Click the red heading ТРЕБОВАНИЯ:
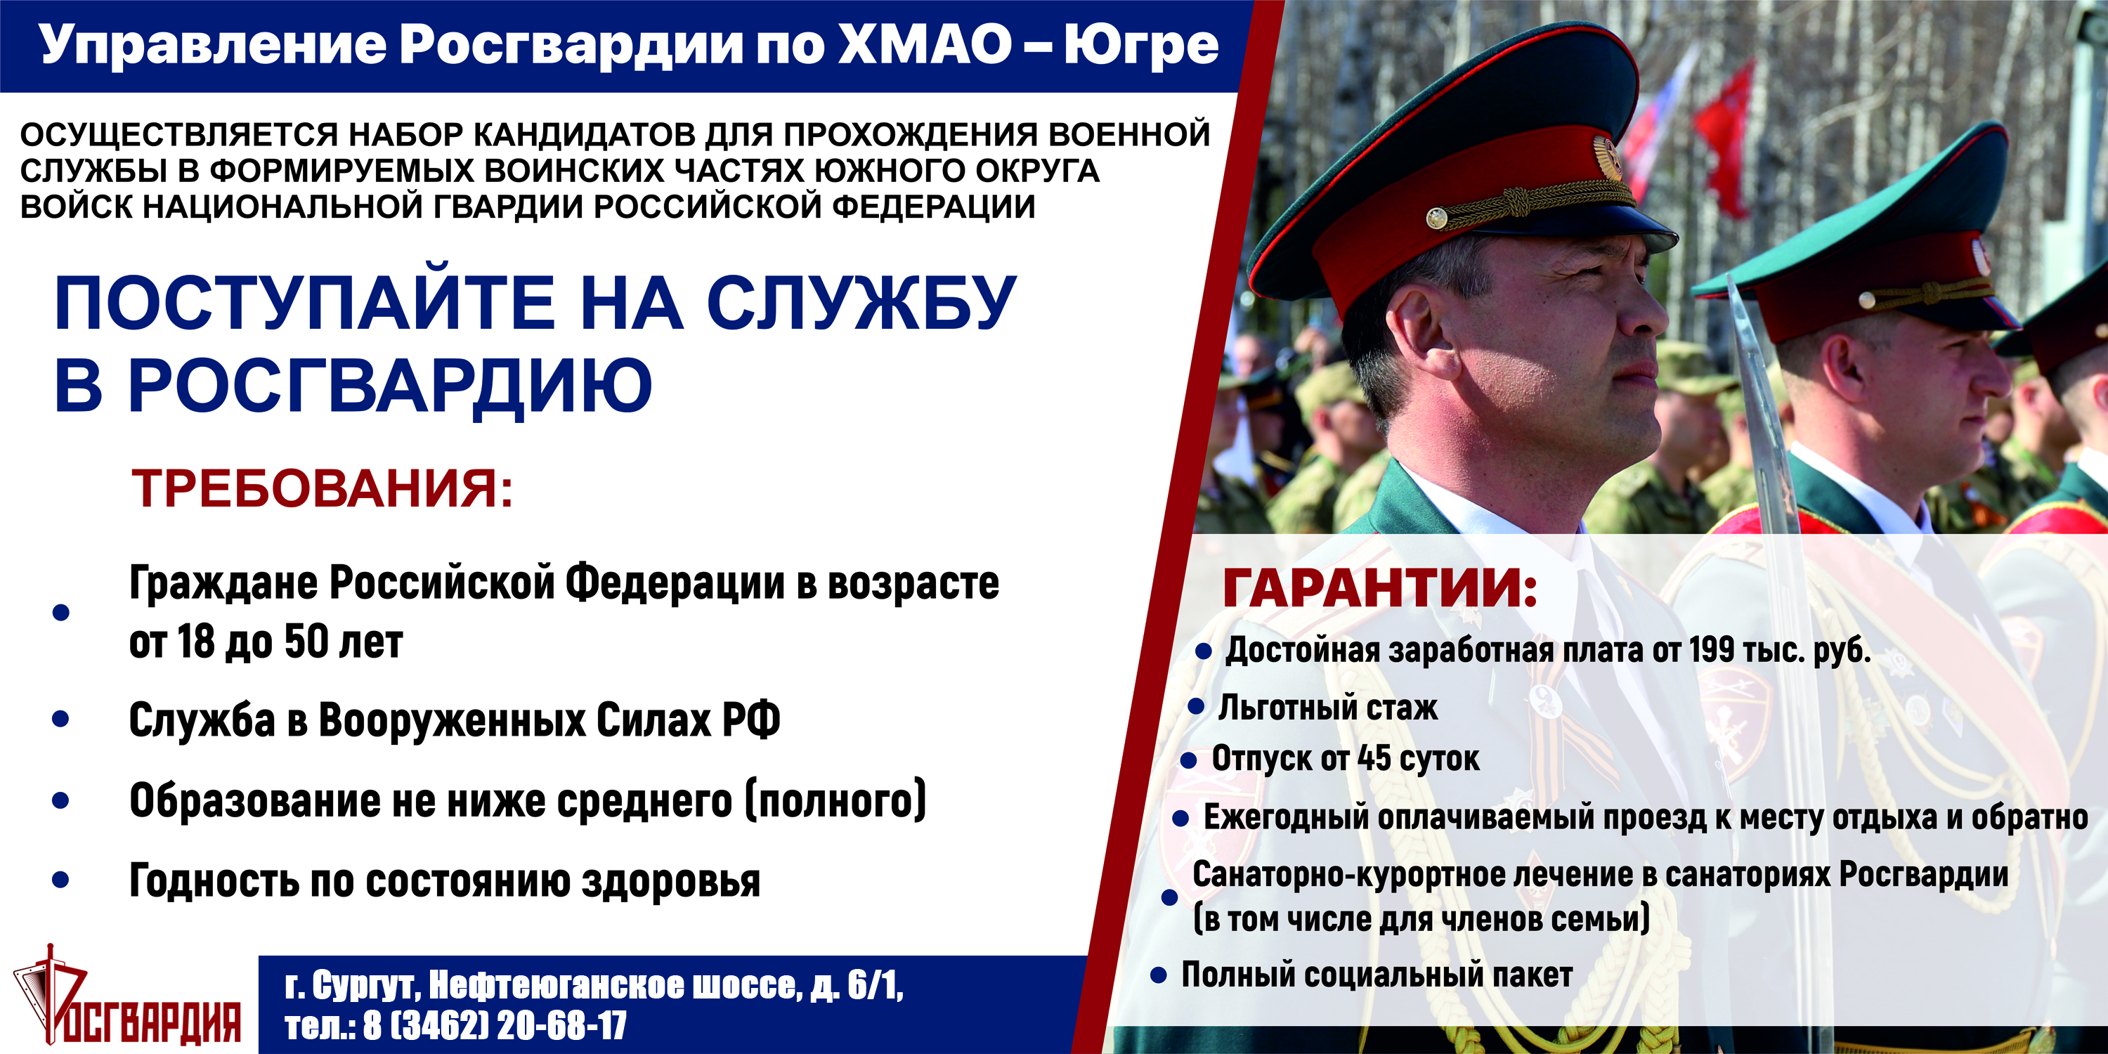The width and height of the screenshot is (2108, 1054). click(x=323, y=488)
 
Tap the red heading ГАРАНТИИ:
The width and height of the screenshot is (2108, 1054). click(x=1380, y=587)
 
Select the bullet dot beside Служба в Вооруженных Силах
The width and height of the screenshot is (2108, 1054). click(x=60, y=719)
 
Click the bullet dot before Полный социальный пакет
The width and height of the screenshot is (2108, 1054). click(x=1158, y=975)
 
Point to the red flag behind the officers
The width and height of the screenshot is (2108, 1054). click(x=1726, y=139)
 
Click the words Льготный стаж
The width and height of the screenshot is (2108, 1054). click(x=1327, y=708)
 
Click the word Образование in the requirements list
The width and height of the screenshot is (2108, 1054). click(x=254, y=800)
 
